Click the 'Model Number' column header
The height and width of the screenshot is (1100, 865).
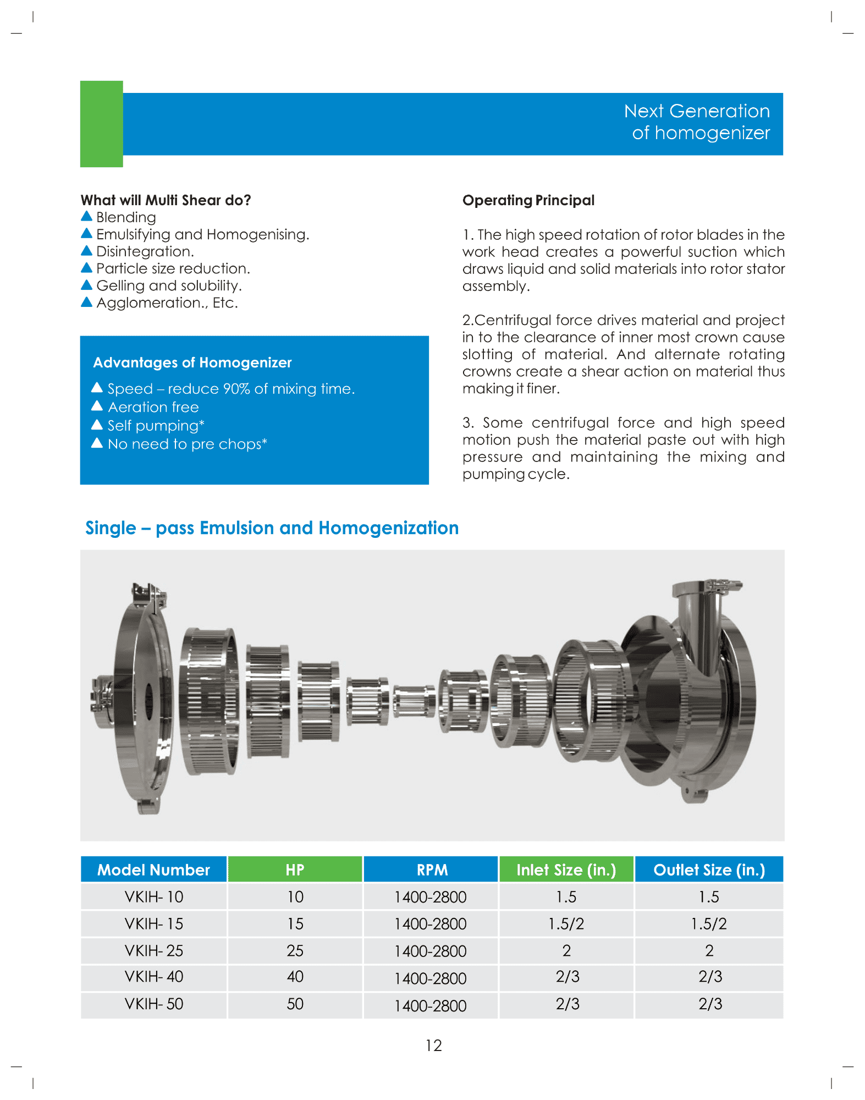pyautogui.click(x=153, y=870)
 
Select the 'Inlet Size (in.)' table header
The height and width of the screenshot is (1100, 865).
pyautogui.click(x=566, y=870)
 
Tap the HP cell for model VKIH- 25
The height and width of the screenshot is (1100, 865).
pyautogui.click(x=295, y=950)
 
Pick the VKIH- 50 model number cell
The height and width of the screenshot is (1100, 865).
pyautogui.click(x=153, y=1004)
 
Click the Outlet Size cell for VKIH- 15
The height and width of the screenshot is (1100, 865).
pyautogui.click(x=709, y=923)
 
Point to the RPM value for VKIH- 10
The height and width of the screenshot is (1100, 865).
pyautogui.click(x=431, y=897)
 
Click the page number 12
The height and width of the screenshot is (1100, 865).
pyautogui.click(x=433, y=1046)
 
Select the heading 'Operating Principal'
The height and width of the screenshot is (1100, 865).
pyautogui.click(x=528, y=200)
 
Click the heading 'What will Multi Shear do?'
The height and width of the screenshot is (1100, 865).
pyautogui.click(x=166, y=200)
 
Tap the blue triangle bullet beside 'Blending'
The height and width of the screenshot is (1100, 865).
pyautogui.click(x=86, y=216)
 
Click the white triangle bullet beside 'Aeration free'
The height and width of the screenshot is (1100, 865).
pyautogui.click(x=97, y=406)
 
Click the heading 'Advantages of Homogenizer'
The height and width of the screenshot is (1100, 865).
pyautogui.click(x=192, y=362)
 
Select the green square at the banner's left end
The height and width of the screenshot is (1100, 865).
pyautogui.click(x=102, y=124)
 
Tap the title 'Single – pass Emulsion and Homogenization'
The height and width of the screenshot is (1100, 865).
pyautogui.click(x=272, y=528)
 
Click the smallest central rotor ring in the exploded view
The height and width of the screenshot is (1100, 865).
pyautogui.click(x=414, y=701)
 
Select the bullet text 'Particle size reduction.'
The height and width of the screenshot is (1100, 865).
pyautogui.click(x=173, y=268)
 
